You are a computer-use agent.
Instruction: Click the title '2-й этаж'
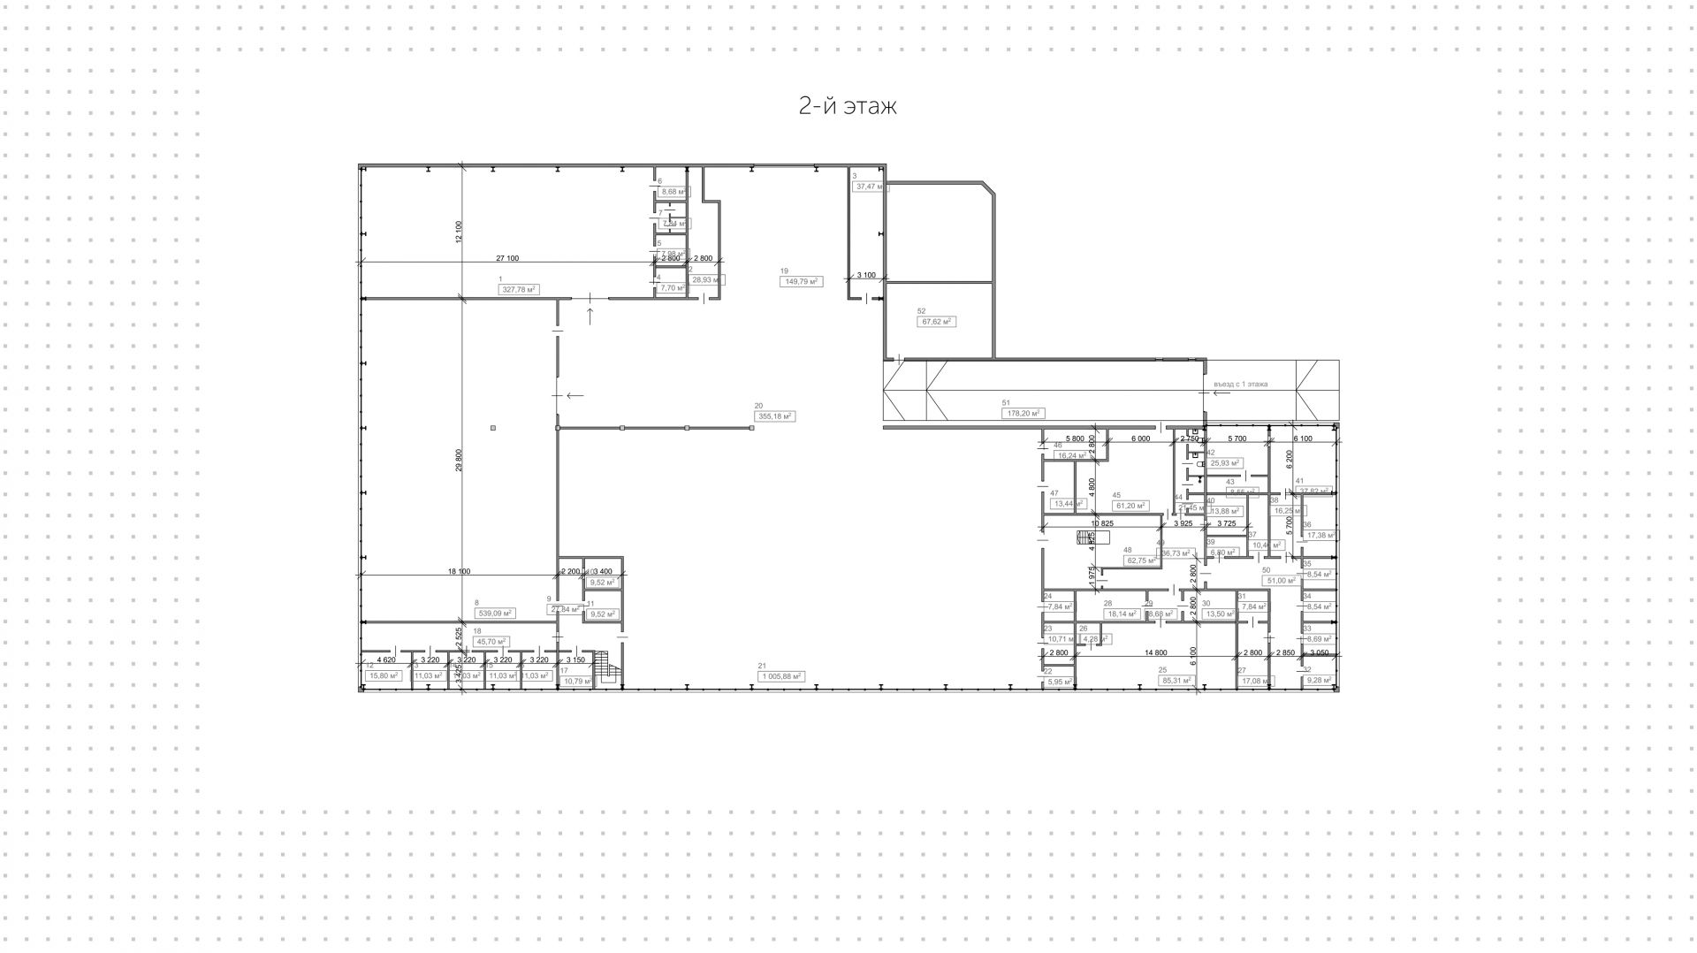coord(848,106)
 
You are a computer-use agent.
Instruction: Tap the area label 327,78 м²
coord(519,289)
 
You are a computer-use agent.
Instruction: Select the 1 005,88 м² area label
coord(780,676)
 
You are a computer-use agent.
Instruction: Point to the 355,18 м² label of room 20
coord(775,416)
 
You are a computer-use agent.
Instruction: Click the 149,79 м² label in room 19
coord(800,281)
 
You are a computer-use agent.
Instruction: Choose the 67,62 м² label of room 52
coord(936,322)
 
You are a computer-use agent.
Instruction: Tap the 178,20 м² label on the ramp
coord(1024,413)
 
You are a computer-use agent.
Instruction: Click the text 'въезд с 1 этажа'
coord(1241,384)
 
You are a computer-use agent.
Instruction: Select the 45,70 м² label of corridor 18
coord(491,641)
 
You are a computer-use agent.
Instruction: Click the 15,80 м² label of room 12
coord(383,675)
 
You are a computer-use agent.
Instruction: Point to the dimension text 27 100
coord(507,258)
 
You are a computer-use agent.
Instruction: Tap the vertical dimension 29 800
coord(460,464)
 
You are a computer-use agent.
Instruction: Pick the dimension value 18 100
coord(459,571)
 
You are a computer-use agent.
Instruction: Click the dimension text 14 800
coord(1155,652)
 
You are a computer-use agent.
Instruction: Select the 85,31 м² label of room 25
coord(1177,680)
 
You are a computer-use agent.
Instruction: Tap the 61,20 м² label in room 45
coord(1130,506)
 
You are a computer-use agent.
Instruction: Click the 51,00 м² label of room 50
coord(1281,581)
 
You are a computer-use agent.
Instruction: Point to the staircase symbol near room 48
coord(1085,537)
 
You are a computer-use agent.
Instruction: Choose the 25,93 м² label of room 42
coord(1225,462)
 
